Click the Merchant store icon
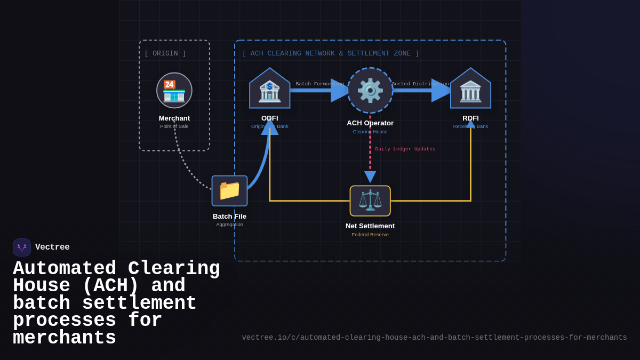tap(174, 91)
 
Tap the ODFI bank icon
tap(270, 91)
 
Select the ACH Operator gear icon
tap(370, 91)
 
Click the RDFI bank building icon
tap(470, 91)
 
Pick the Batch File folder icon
tap(229, 190)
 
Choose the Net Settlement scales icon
tap(370, 201)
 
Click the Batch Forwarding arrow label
tap(319, 84)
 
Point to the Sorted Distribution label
tap(420, 84)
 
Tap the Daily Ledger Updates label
tap(405, 149)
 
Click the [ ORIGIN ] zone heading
tap(165, 53)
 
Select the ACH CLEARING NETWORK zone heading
tap(331, 53)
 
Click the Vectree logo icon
tap(22, 247)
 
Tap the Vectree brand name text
tap(52, 247)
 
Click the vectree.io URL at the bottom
tap(434, 338)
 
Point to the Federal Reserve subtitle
tap(370, 235)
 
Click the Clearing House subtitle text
tap(370, 132)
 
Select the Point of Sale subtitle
tap(174, 126)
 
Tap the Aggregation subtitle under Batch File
tap(229, 225)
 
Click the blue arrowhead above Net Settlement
tap(370, 177)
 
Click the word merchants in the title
tap(65, 338)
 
